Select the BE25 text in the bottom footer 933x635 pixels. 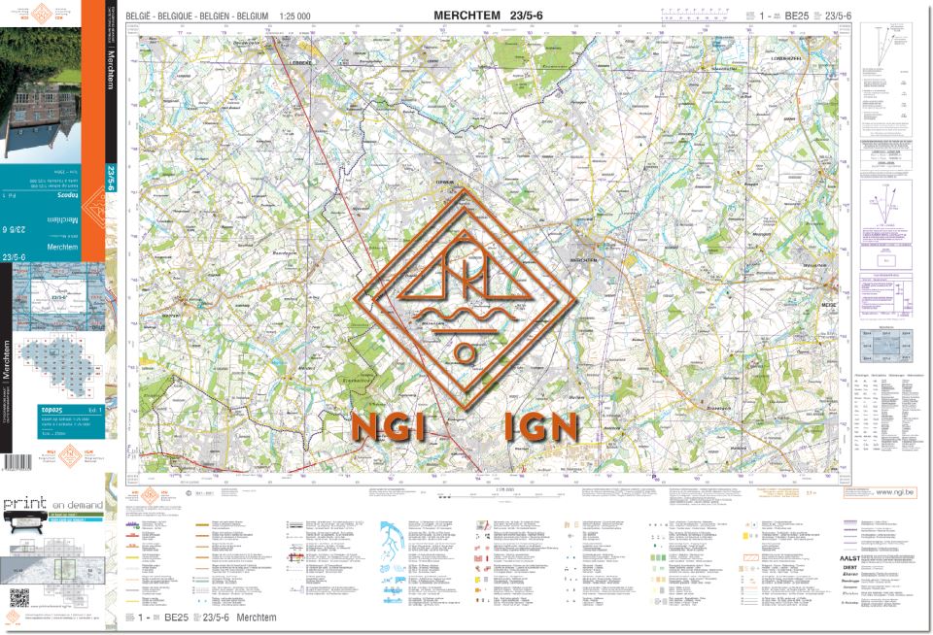175,618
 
